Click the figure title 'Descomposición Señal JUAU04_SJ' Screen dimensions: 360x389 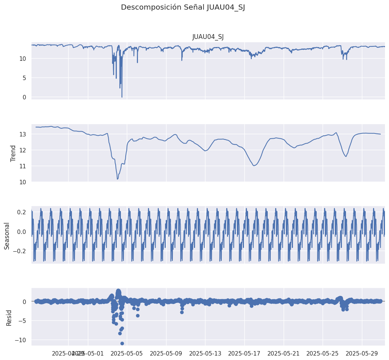click(183, 7)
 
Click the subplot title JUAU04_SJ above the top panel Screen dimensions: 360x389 click(208, 36)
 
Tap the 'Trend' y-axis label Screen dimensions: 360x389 click(13, 153)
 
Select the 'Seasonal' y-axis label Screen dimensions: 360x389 click(7, 236)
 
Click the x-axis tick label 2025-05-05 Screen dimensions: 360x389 click(127, 353)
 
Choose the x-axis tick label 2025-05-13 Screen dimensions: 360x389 click(205, 353)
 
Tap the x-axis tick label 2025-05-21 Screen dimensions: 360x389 click(284, 353)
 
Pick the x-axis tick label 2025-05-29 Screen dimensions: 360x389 click(362, 353)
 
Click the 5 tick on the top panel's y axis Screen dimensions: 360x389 click(24, 78)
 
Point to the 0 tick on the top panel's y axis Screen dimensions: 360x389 click(24, 97)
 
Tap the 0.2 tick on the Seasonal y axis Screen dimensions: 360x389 click(21, 212)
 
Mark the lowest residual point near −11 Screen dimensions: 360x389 click(122, 343)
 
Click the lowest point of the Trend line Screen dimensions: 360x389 click(118, 179)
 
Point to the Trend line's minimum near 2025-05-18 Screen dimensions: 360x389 click(254, 165)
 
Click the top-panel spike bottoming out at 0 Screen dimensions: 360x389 click(122, 97)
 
